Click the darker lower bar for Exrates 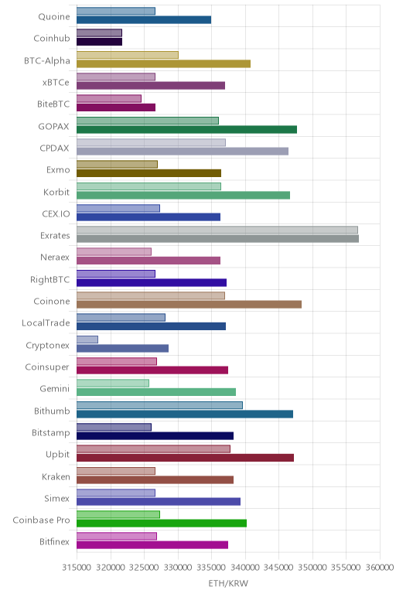tap(217, 239)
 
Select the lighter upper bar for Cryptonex tap(87, 339)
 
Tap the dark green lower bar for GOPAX tap(186, 129)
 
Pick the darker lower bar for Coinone tap(189, 304)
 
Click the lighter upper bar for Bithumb tap(159, 405)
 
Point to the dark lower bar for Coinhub tap(99, 42)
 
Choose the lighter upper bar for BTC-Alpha tap(128, 55)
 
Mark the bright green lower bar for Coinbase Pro tap(162, 523)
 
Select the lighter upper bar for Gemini tap(113, 383)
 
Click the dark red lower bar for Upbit tap(185, 458)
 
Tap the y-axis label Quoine tap(54, 17)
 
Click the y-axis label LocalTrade tap(46, 323)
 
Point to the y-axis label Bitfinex tap(55, 541)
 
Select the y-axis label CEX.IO tap(56, 213)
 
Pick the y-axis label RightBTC tap(50, 279)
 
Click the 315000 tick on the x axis tap(77, 568)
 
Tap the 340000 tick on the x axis tap(245, 568)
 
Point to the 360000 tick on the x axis tap(380, 568)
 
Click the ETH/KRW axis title tap(228, 583)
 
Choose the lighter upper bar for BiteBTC tap(109, 99)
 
